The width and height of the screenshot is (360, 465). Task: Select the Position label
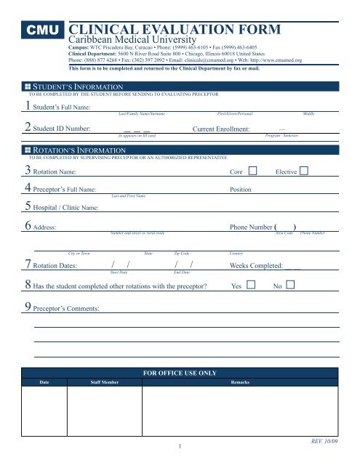click(240, 190)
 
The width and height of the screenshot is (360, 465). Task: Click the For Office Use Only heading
click(180, 373)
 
